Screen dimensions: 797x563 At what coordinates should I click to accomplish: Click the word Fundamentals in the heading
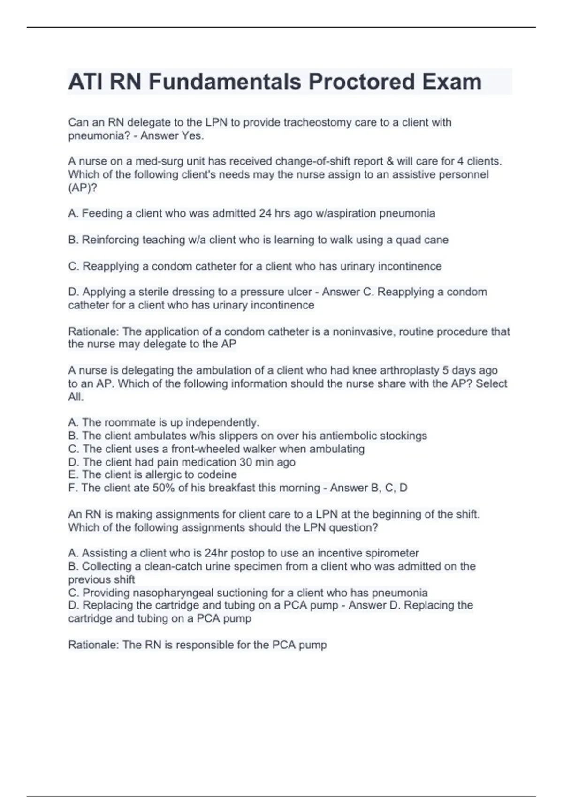click(x=225, y=82)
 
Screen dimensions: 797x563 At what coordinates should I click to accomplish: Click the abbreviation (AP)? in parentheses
click(x=83, y=188)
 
